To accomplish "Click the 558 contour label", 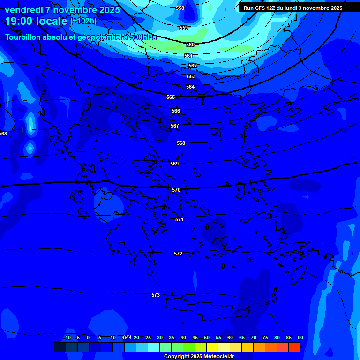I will point(180,8).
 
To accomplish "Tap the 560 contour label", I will point(190,45).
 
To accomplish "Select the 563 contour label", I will point(191,76).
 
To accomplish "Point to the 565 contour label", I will point(171,97).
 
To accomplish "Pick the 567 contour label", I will point(175,126).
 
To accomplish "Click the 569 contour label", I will point(174,164).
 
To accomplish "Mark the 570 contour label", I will point(176,190).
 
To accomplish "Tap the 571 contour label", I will point(180,219).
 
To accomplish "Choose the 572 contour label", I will point(178,254).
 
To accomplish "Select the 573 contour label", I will point(156,295).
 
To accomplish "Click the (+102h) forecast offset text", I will point(83,21).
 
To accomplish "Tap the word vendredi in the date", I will point(23,10).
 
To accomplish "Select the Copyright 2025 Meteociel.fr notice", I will point(199,356).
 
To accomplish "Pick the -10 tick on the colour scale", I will point(67,337).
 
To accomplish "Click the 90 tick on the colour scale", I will point(300,337).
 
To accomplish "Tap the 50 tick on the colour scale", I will point(207,337).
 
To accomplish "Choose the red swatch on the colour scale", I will point(294,347).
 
